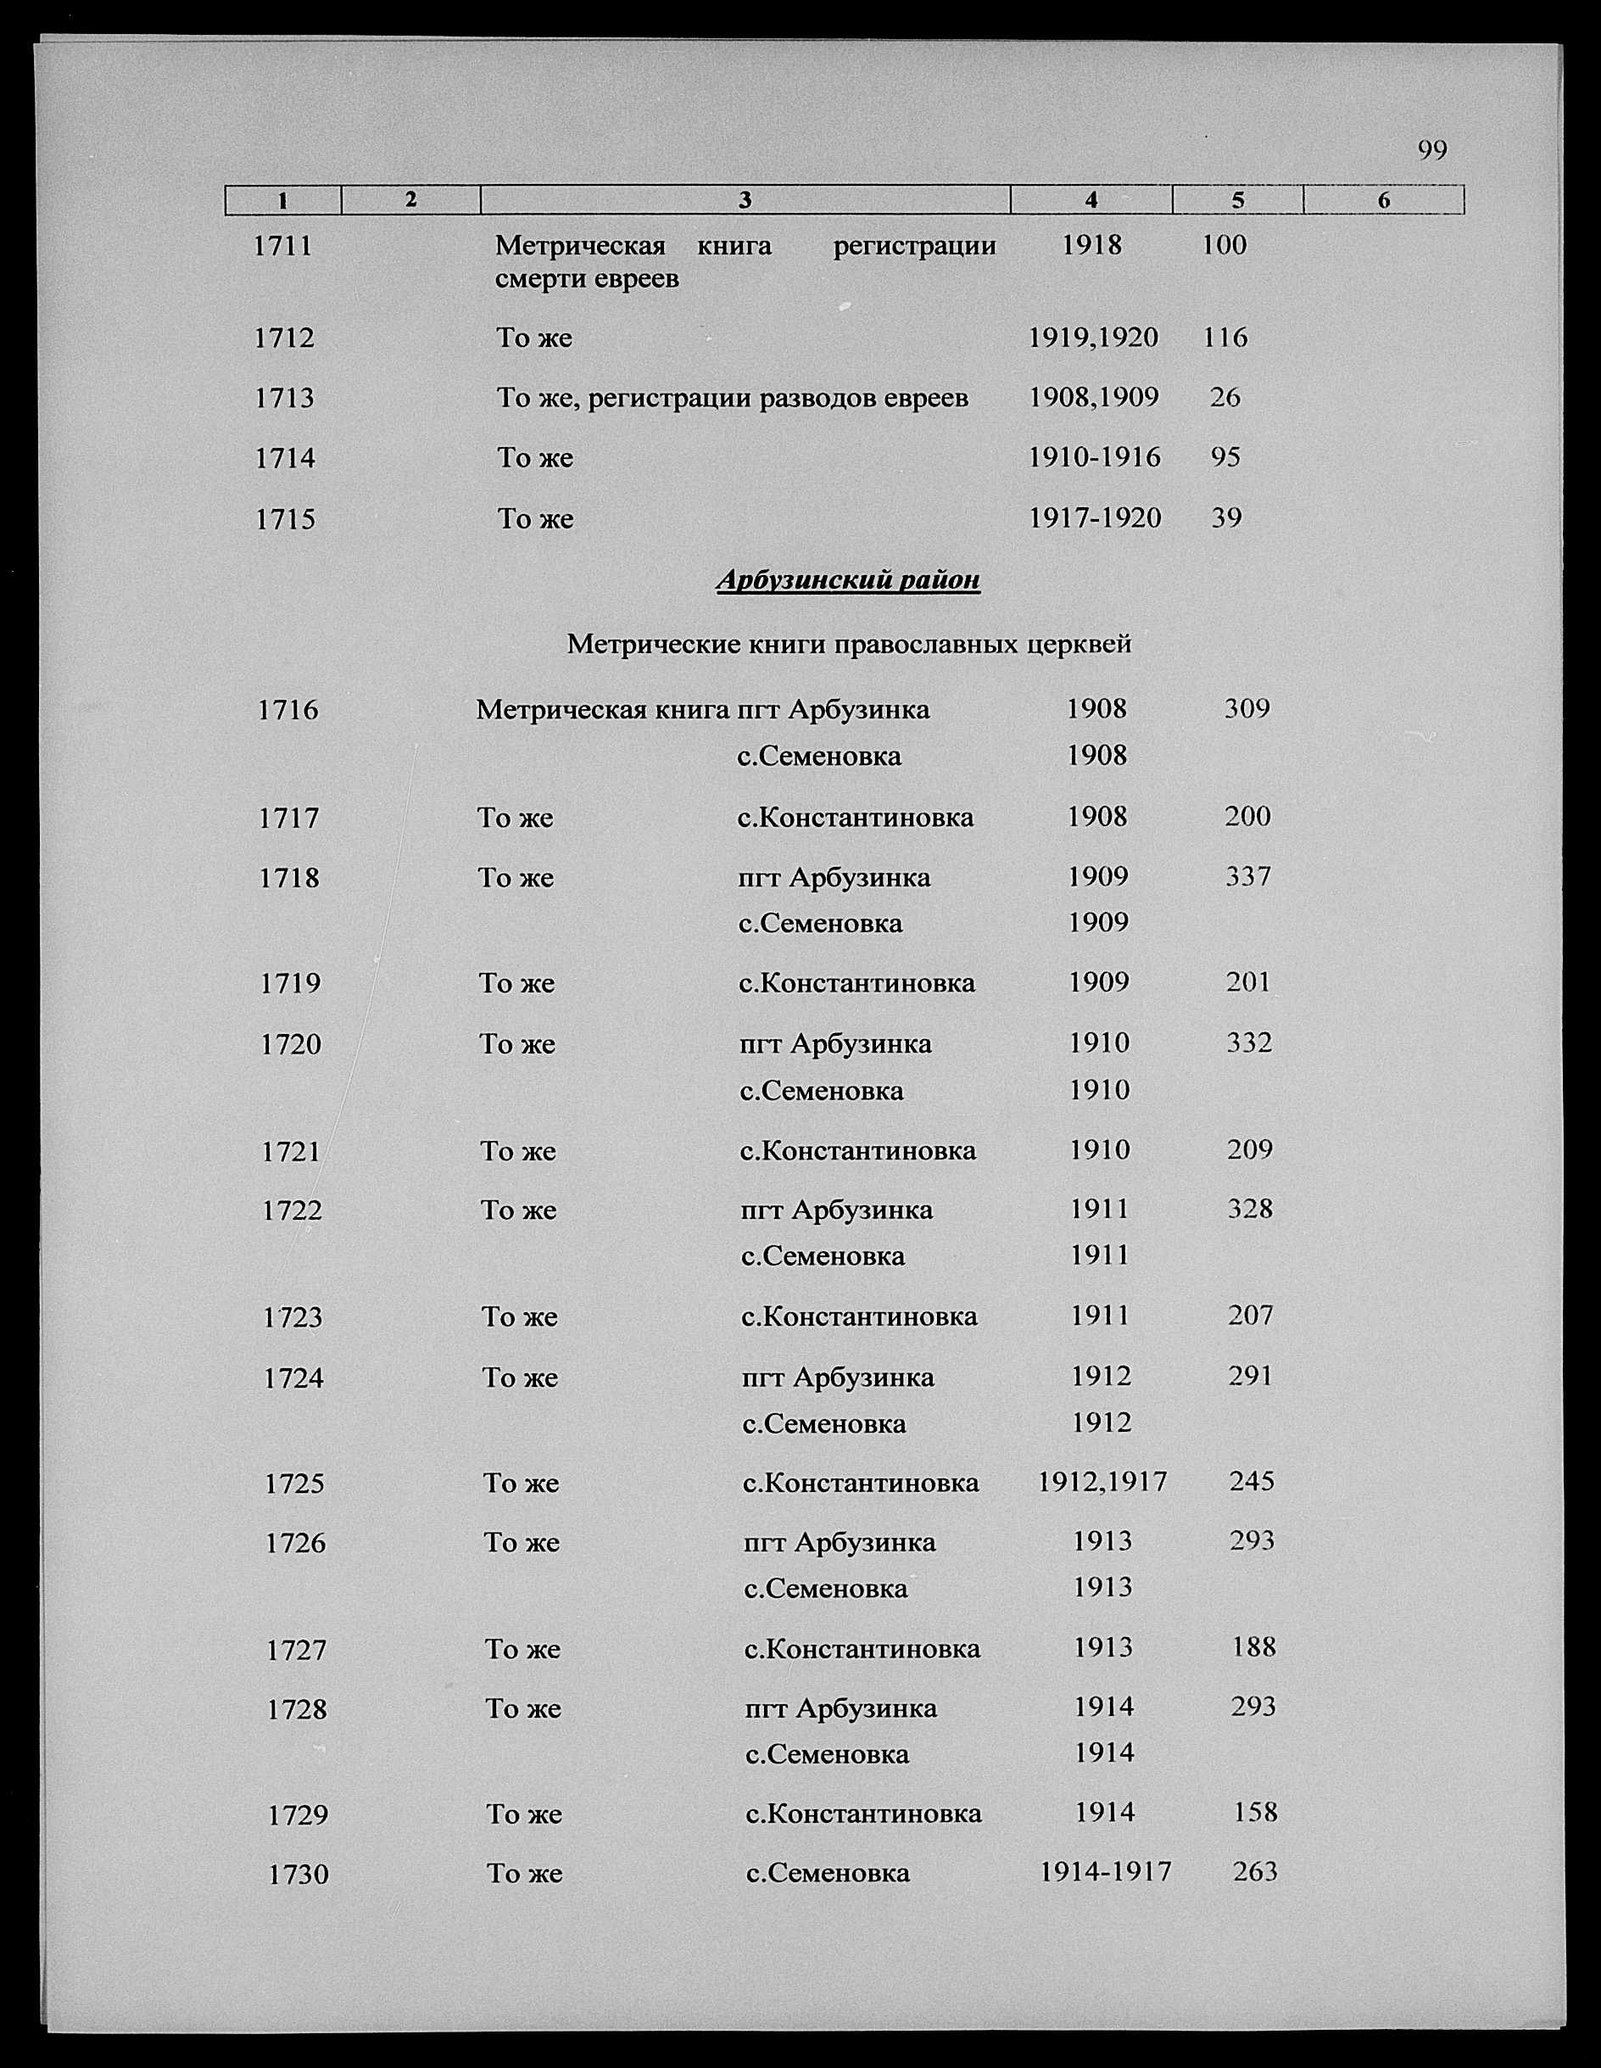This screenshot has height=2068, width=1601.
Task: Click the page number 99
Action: tap(1431, 150)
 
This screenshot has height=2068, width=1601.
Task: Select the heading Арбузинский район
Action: tap(847, 579)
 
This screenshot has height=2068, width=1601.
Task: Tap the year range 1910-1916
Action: tap(1095, 457)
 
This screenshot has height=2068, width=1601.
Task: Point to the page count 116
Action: tap(1225, 337)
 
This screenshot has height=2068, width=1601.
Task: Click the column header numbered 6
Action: tap(1383, 200)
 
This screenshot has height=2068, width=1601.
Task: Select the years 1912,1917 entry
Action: tap(1102, 1482)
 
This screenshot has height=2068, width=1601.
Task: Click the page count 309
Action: tap(1246, 708)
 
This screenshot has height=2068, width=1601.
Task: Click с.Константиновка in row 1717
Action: tap(855, 817)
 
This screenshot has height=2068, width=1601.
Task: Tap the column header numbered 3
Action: tap(745, 200)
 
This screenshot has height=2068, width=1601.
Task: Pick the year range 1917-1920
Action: tap(1095, 518)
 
